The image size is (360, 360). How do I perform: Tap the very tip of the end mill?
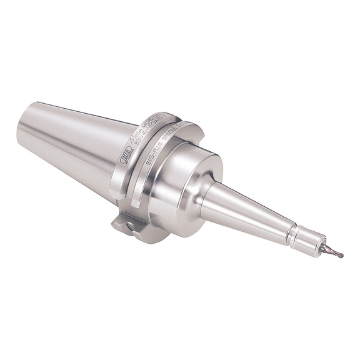[x=342, y=256]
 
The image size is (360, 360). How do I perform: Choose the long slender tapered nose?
[x=250, y=209]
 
